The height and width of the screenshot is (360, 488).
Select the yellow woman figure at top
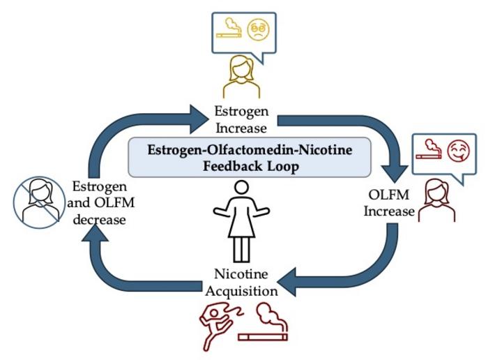click(242, 77)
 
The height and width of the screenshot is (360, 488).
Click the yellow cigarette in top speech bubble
click(228, 31)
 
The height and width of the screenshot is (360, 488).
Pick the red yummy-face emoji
click(457, 151)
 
